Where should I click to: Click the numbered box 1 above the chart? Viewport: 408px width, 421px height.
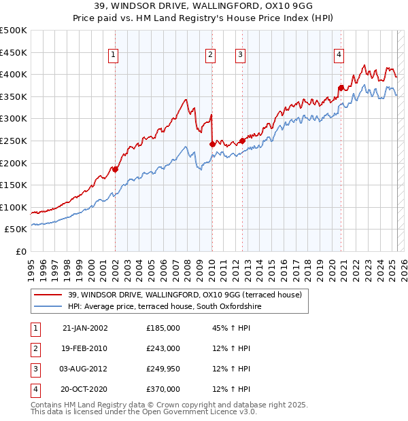click(112, 56)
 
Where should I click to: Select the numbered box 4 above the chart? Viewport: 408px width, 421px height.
click(339, 56)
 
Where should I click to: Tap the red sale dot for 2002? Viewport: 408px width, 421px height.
click(116, 170)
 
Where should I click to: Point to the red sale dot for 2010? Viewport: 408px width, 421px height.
click(212, 144)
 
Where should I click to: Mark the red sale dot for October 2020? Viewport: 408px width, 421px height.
click(341, 87)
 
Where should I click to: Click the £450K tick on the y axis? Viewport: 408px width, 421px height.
click(14, 52)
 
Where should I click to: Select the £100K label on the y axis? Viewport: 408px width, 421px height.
click(14, 207)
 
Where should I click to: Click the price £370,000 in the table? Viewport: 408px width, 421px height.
click(163, 389)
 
